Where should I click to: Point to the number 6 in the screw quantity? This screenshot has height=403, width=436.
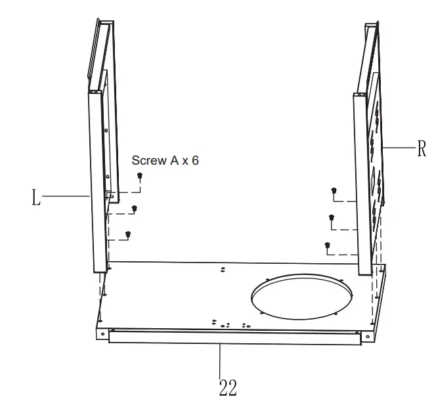194,160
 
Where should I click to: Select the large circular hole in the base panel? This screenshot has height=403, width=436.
302,299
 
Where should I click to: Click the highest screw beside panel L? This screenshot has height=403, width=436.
140,176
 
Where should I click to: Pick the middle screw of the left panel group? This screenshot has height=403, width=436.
134,209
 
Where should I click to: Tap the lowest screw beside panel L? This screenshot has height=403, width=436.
128,234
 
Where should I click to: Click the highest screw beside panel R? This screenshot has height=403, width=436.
334,191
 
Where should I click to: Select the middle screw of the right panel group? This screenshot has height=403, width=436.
332,217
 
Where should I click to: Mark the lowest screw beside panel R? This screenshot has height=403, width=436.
327,246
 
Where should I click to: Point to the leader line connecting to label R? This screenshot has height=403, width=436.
398,148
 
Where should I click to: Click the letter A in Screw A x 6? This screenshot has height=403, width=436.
175,160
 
